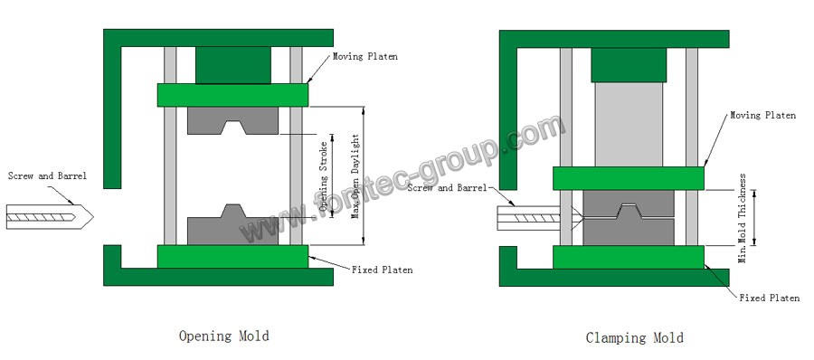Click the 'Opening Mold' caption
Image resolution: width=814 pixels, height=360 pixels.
click(224, 336)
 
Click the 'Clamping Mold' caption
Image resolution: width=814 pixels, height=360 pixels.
click(634, 338)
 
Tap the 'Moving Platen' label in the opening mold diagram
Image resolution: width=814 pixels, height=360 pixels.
click(365, 56)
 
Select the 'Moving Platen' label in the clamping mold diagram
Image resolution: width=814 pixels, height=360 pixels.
click(762, 115)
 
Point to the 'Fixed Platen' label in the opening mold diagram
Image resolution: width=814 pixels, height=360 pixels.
click(382, 270)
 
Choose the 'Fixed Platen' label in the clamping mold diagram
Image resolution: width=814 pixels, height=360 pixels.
click(770, 298)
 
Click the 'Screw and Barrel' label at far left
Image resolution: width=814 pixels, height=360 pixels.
click(47, 175)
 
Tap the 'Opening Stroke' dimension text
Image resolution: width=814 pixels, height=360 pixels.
click(324, 176)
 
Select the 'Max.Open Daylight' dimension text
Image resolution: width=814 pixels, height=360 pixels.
click(355, 176)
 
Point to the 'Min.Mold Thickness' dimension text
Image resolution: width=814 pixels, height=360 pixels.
click(743, 218)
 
